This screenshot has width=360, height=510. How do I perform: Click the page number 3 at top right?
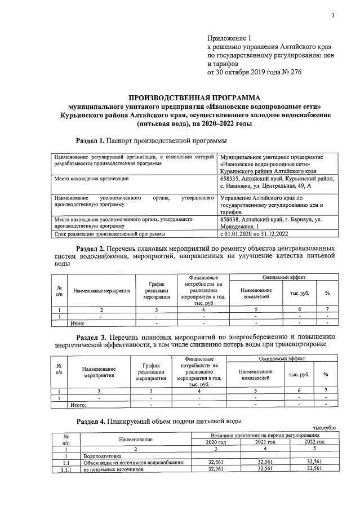pos(332,15)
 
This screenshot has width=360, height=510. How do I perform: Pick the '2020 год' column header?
pos(216,442)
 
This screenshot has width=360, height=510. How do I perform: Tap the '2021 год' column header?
pos(265,442)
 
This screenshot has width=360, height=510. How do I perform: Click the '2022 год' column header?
pos(313,442)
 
